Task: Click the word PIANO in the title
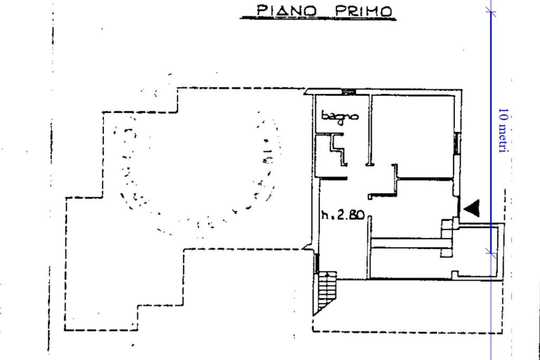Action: (x=286, y=10)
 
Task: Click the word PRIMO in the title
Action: (x=363, y=11)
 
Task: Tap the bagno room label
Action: (x=340, y=116)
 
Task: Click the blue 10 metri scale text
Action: (x=503, y=131)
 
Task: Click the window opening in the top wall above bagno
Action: (x=349, y=92)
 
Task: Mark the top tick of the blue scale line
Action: (x=491, y=12)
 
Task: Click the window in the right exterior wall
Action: (x=457, y=143)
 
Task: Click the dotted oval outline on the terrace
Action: (x=200, y=174)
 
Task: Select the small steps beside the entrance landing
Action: (x=447, y=238)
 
